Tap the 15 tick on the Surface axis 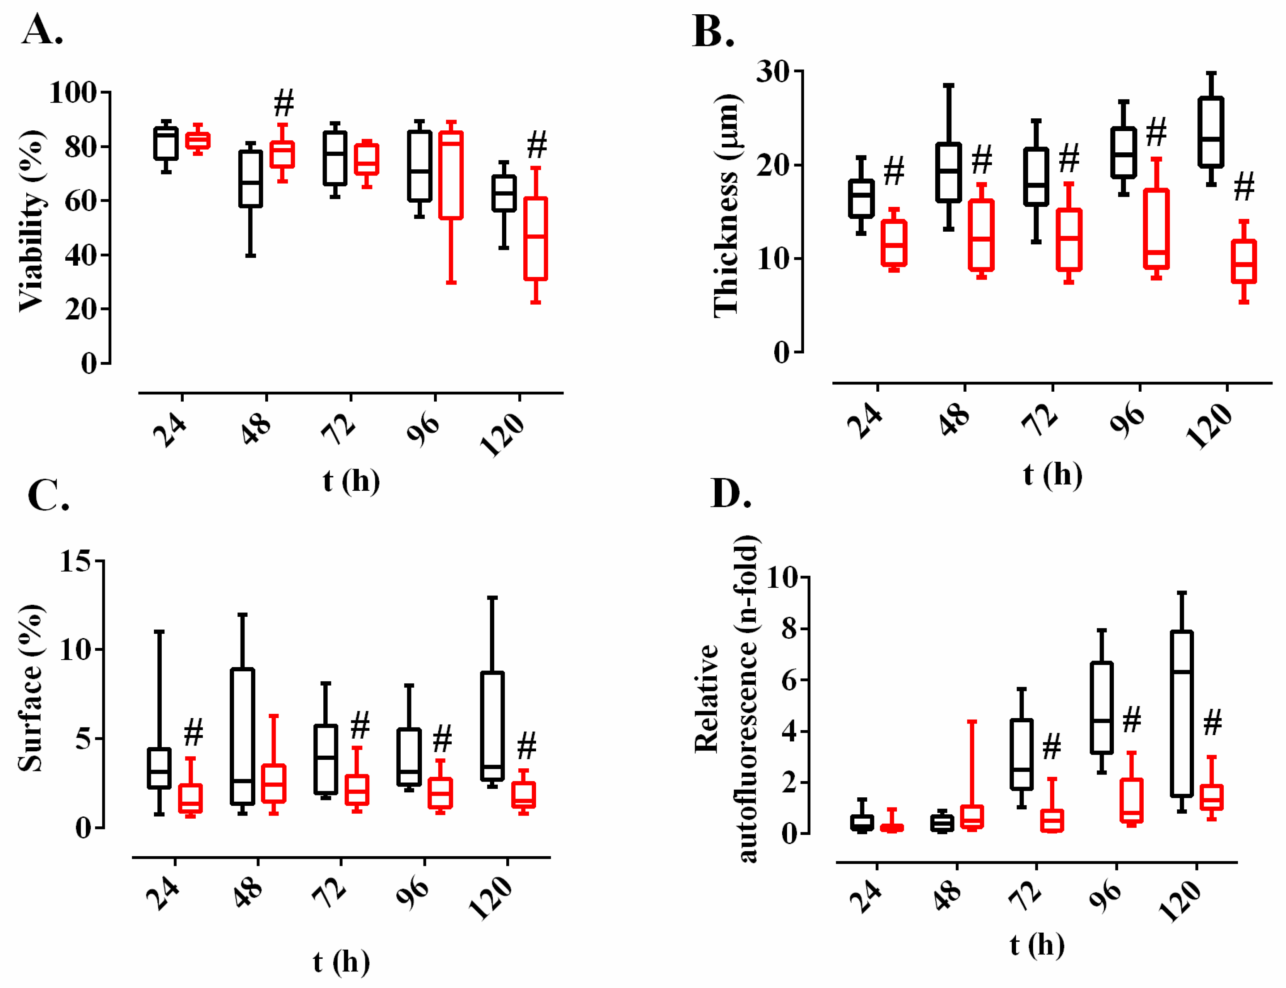click(75, 561)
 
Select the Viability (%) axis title click(31, 220)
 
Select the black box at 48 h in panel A click(251, 179)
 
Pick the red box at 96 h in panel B click(1156, 229)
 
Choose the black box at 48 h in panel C click(243, 736)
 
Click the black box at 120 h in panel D click(1182, 714)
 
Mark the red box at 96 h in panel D click(1131, 800)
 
